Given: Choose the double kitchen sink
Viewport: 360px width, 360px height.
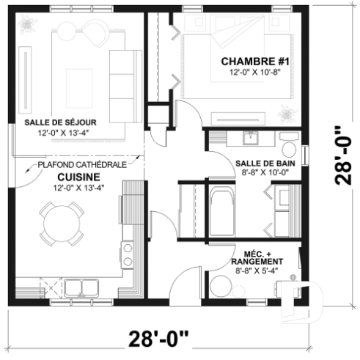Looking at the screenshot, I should [x=77, y=285].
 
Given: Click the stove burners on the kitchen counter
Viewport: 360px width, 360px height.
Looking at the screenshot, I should [x=128, y=254].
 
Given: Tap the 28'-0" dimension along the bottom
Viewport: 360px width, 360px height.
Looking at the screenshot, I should [x=158, y=338].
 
